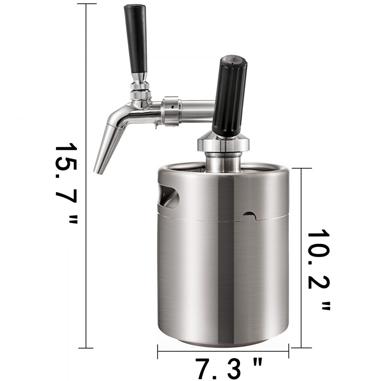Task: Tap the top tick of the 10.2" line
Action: [301, 168]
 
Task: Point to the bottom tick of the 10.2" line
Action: [301, 335]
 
